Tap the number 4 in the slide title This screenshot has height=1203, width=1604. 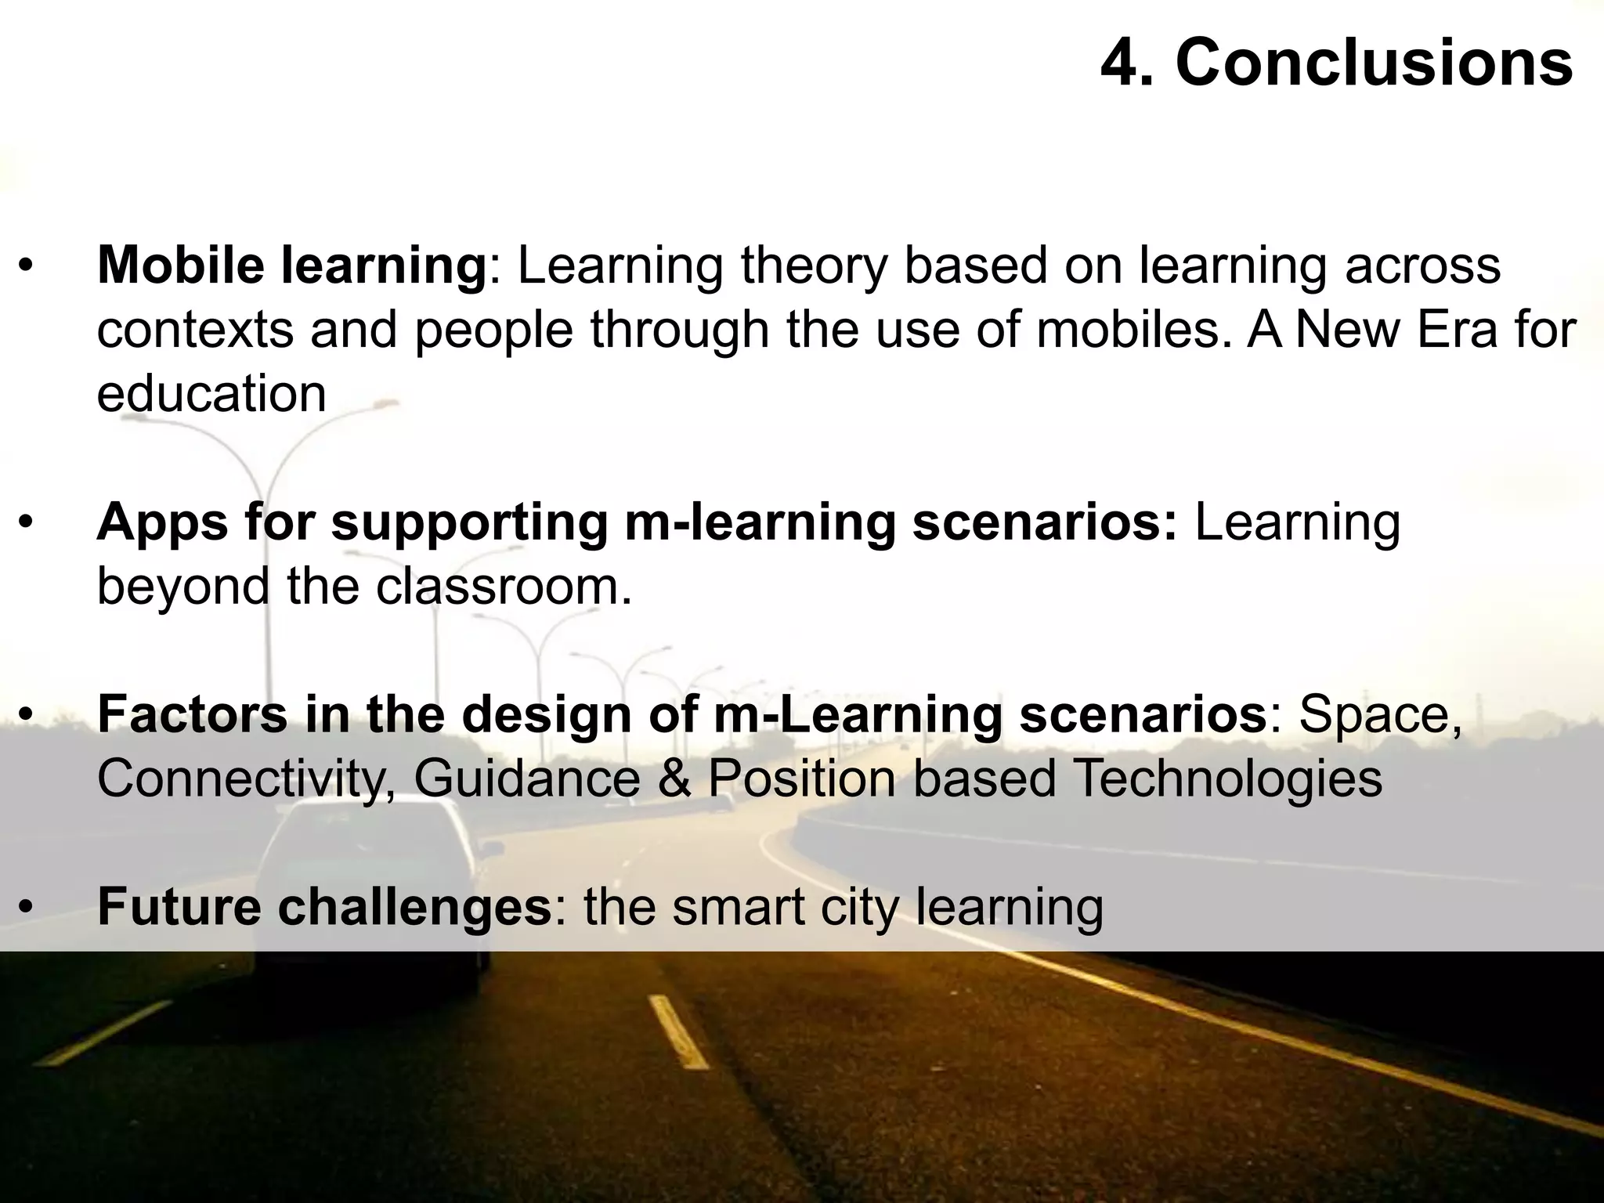tap(1123, 64)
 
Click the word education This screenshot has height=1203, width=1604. tap(211, 393)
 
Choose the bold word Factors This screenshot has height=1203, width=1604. tap(192, 714)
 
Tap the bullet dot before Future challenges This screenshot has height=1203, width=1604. tap(27, 909)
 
